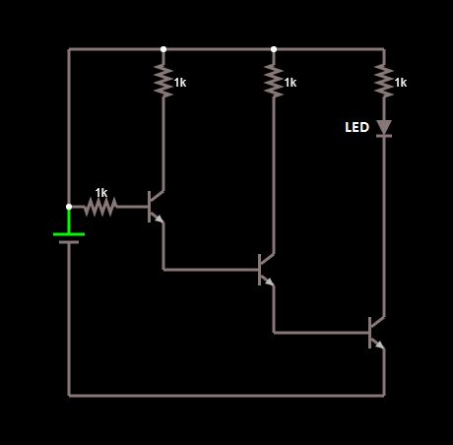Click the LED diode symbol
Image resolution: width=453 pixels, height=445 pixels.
384,128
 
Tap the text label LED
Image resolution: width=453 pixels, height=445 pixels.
356,128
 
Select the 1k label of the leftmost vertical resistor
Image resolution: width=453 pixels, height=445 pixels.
180,84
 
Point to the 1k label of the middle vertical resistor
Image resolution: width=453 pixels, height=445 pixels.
291,84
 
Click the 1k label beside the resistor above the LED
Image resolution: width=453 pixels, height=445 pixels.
401,84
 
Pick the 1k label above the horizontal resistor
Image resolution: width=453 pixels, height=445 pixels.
101,192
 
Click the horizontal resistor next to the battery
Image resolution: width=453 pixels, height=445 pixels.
100,207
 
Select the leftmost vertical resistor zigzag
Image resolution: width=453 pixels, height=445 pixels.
163,81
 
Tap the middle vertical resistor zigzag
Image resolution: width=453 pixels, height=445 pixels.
274,81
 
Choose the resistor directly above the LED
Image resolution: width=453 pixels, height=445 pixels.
384,81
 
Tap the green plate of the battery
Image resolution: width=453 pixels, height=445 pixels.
69,233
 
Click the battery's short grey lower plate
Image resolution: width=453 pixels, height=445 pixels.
69,242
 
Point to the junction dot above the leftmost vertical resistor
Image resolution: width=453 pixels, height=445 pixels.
163,49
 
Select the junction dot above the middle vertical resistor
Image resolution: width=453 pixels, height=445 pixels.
274,49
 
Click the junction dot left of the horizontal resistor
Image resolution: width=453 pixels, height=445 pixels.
69,207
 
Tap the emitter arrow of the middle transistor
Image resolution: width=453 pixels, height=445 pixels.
270,282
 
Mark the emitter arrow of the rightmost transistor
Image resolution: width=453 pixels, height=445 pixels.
380,345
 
